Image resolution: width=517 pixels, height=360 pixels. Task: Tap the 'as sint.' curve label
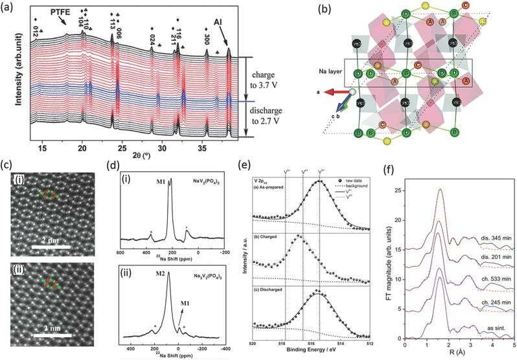pyautogui.click(x=496, y=329)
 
